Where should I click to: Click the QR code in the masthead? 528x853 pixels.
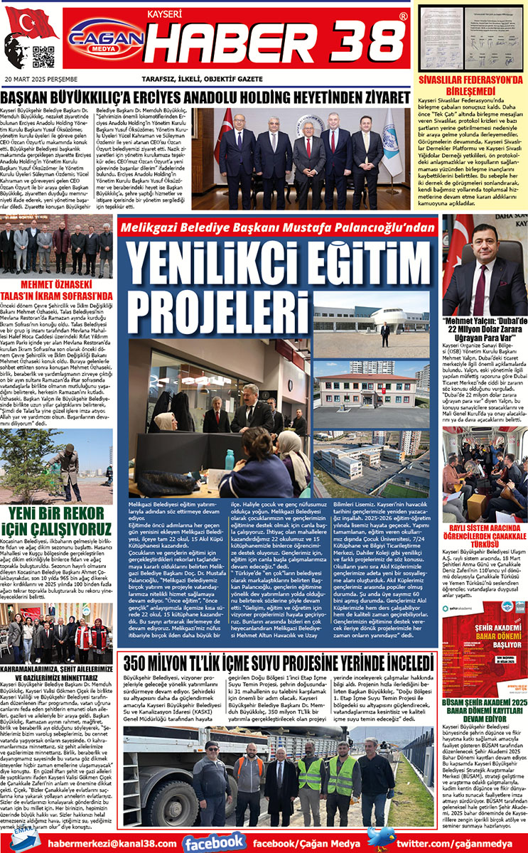pyautogui.click(x=43, y=57)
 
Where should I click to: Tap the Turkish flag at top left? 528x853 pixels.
pyautogui.click(x=31, y=23)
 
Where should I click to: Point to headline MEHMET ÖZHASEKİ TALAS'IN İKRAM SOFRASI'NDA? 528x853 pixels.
pyautogui.click(x=57, y=290)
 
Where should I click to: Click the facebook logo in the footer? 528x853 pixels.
pyautogui.click(x=215, y=842)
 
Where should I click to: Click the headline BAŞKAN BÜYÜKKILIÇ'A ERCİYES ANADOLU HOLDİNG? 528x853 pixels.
pyautogui.click(x=206, y=97)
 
